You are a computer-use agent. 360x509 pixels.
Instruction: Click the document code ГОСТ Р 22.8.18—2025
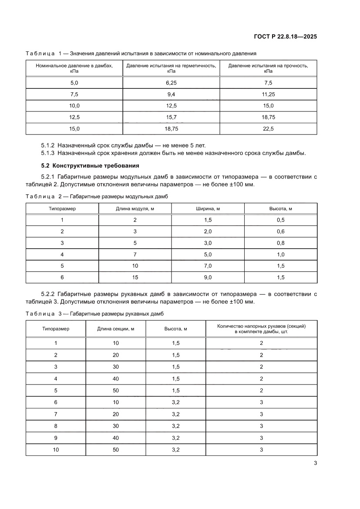click(x=285, y=37)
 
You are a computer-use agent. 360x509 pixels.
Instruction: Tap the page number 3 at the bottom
click(x=315, y=463)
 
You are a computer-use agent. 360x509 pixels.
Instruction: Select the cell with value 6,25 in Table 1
click(x=171, y=83)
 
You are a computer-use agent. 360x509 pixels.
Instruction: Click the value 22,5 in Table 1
click(x=268, y=129)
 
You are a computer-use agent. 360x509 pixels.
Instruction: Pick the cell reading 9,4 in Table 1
click(x=171, y=94)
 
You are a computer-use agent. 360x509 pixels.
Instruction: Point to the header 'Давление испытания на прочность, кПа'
click(x=268, y=68)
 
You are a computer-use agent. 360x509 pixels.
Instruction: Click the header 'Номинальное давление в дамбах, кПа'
click(x=74, y=68)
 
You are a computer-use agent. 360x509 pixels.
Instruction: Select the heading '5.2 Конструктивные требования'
click(x=89, y=165)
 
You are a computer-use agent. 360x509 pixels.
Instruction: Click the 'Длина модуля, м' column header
click(x=135, y=209)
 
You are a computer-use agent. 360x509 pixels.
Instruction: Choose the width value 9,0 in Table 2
click(x=208, y=277)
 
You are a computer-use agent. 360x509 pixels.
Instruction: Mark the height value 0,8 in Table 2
click(x=280, y=243)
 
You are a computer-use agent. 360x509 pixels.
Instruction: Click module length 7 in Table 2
click(x=135, y=254)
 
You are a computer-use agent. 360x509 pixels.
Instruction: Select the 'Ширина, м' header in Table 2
click(x=208, y=209)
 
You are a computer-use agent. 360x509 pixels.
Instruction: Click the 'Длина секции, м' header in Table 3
click(x=115, y=329)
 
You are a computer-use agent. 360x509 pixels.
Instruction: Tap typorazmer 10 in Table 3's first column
click(x=56, y=449)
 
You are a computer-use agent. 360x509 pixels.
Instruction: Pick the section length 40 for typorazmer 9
click(x=115, y=438)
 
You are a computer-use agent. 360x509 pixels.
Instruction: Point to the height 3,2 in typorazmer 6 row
click(x=175, y=402)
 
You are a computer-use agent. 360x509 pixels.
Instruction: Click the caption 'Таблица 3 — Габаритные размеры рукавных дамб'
click(x=95, y=313)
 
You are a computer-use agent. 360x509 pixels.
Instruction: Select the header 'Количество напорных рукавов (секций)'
click(x=261, y=326)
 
